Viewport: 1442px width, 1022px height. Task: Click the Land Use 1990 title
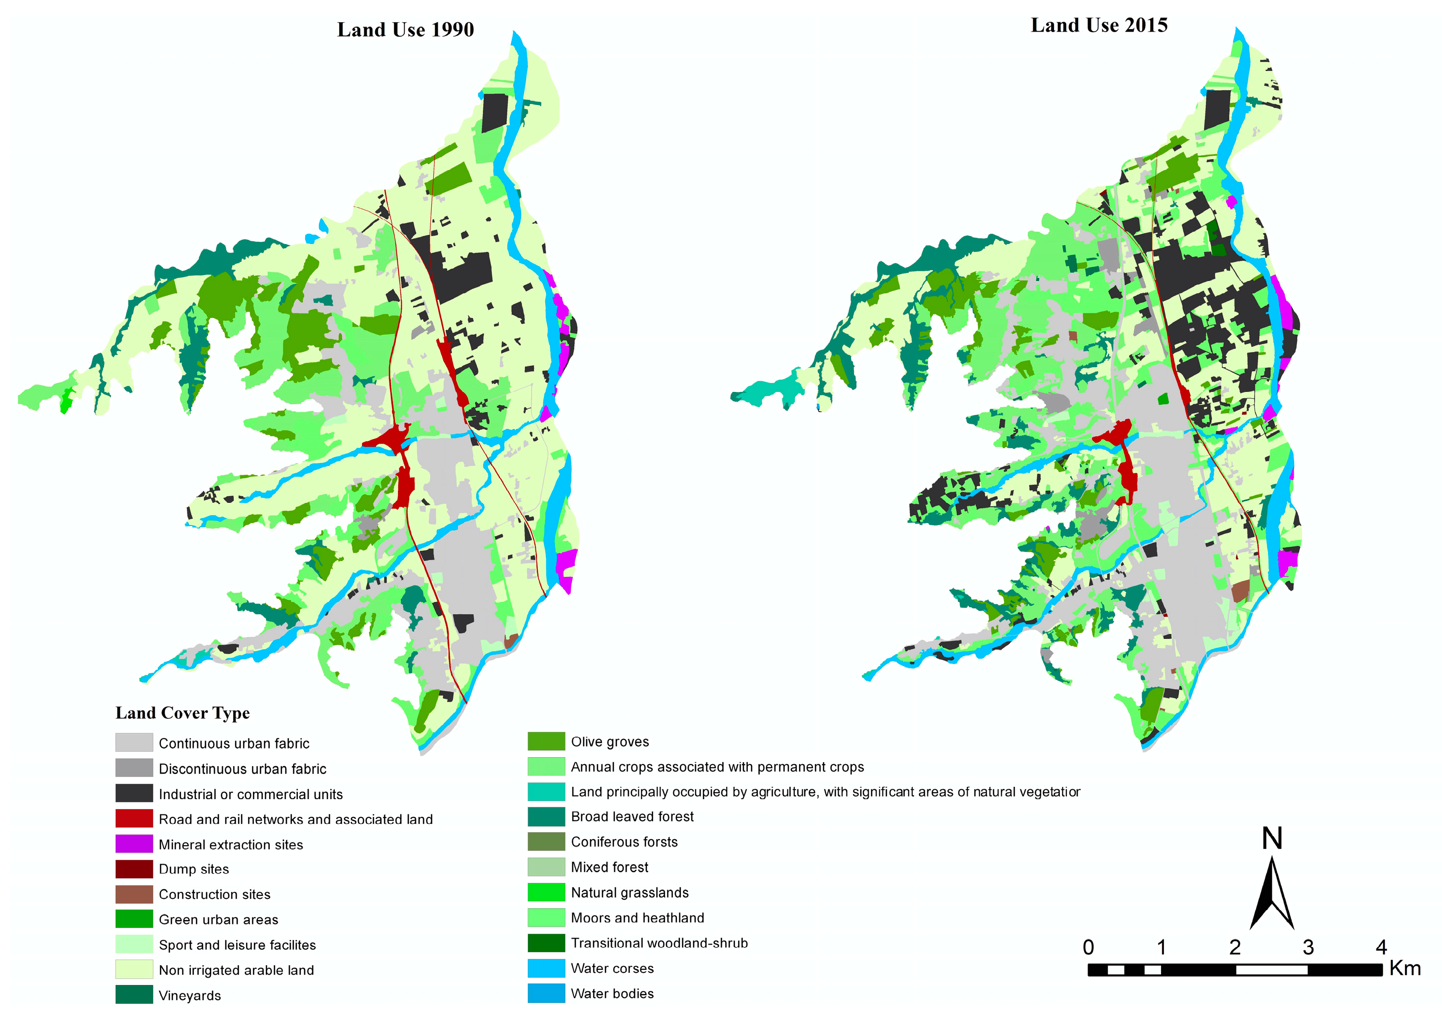[405, 30]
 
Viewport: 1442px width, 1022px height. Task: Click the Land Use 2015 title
[1098, 25]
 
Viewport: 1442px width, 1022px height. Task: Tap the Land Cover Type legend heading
[182, 712]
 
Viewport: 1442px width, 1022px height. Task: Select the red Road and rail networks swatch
[134, 818]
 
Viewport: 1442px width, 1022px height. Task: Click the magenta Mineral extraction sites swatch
[134, 843]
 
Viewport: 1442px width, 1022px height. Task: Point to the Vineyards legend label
[189, 995]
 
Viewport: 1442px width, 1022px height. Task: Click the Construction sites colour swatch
[134, 894]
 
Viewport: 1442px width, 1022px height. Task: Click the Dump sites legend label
[193, 869]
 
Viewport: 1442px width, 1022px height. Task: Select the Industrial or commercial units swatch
[134, 793]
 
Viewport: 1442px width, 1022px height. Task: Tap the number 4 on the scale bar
[1380, 947]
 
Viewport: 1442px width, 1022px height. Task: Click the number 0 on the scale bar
[1088, 947]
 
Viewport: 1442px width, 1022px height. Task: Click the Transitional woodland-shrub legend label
[659, 943]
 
